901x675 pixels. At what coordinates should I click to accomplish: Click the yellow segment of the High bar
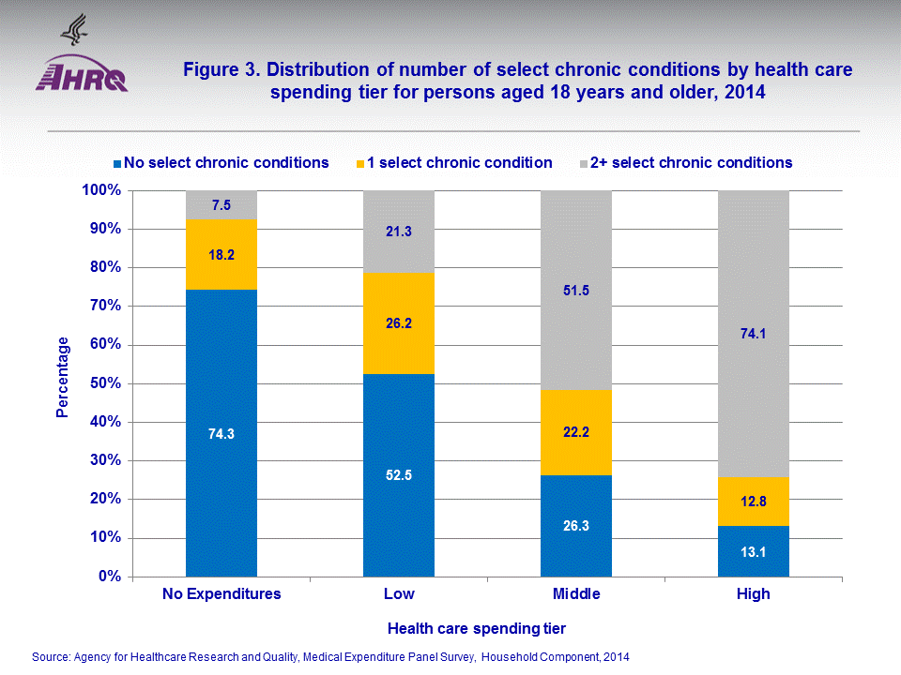coord(754,502)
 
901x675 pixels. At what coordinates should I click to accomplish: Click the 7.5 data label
coord(221,205)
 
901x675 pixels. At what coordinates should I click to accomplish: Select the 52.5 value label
coord(399,474)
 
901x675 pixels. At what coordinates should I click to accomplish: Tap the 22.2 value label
coord(576,432)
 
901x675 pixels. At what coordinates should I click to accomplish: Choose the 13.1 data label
coord(754,551)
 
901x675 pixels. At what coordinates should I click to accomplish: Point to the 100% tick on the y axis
coord(102,190)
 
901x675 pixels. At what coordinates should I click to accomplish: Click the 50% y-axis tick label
coord(106,383)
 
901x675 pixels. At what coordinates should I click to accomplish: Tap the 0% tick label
coord(111,577)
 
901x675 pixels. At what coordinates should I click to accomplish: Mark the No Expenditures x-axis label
coord(221,594)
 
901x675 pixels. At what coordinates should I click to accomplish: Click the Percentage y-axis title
coord(64,377)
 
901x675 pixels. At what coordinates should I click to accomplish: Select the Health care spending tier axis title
coord(477,627)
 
